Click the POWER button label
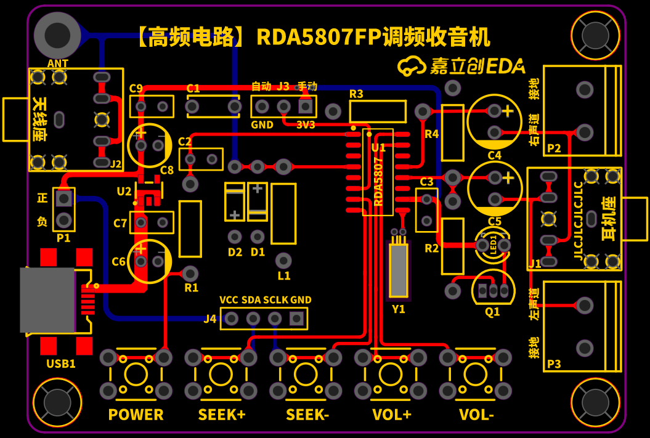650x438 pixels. (136, 415)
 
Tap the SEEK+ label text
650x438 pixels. (222, 415)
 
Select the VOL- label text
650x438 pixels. (476, 415)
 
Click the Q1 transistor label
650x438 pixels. (492, 312)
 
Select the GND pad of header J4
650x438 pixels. (297, 318)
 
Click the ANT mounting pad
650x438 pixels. (57, 33)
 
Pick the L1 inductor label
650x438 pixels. (283, 276)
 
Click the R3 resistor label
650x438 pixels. (356, 94)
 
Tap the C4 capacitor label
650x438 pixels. (494, 155)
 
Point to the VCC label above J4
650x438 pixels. (229, 300)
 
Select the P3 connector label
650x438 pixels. (554, 364)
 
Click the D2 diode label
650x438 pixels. (235, 252)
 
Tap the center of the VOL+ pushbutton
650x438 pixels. (391, 374)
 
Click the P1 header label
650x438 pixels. (63, 238)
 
